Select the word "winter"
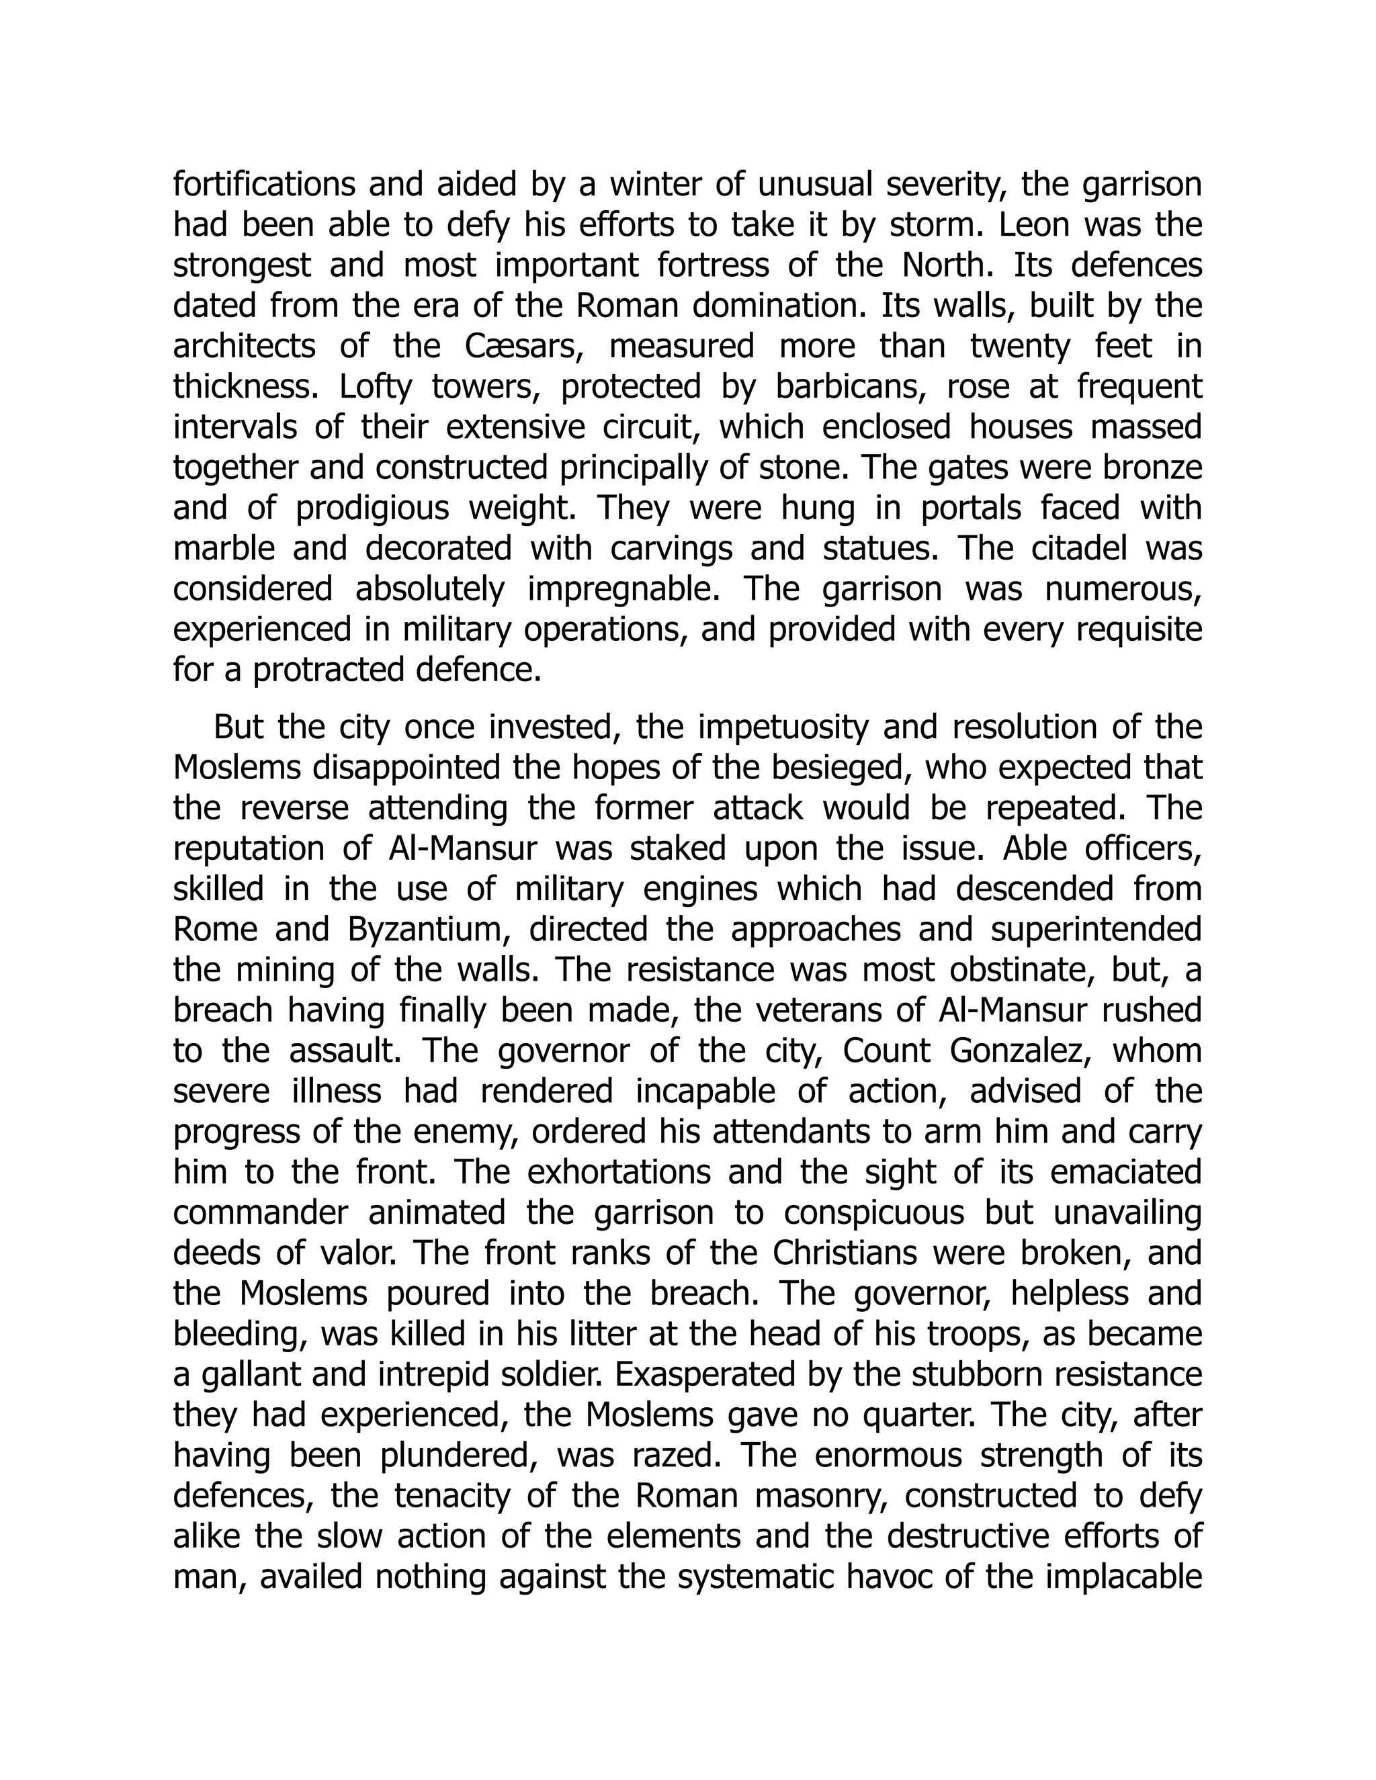pos(654,185)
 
